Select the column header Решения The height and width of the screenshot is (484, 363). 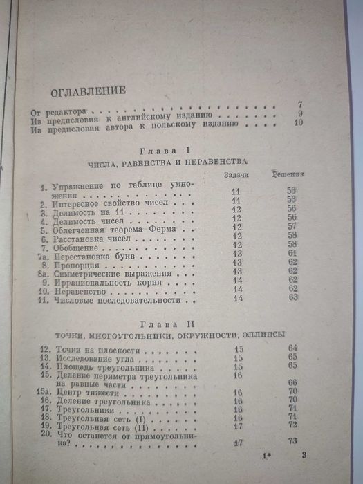[288, 175]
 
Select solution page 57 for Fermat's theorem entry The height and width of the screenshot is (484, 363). [293, 226]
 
